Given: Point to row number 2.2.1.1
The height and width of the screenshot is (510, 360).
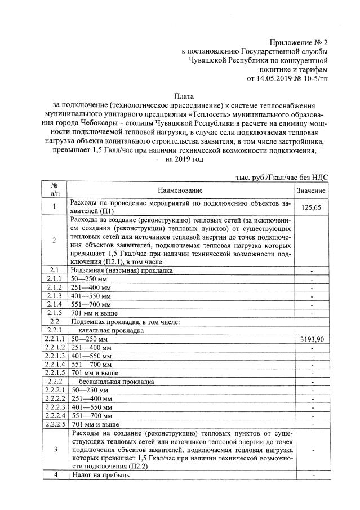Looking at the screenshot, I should (x=55, y=340).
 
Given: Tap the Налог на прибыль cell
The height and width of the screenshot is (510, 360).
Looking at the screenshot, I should (x=100, y=475).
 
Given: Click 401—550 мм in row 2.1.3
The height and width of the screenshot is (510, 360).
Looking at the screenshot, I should (x=91, y=296).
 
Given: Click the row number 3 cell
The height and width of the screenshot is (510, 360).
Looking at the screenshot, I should (x=55, y=450).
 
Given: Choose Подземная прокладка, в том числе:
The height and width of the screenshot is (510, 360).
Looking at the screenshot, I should (x=125, y=322).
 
